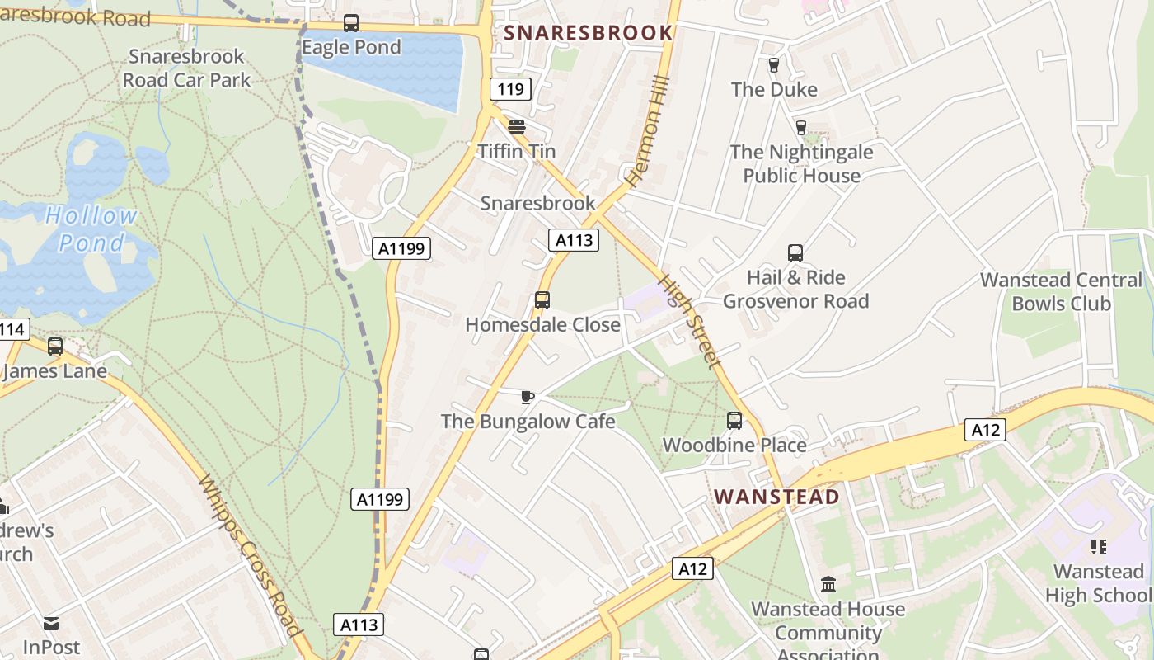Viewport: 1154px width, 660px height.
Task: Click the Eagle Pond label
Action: (351, 47)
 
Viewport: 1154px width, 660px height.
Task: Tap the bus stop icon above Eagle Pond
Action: (351, 23)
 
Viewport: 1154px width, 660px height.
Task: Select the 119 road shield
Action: (510, 89)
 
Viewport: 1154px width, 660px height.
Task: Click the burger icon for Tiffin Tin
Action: (517, 127)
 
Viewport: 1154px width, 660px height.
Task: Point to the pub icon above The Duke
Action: (773, 65)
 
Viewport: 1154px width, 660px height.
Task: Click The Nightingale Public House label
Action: (801, 163)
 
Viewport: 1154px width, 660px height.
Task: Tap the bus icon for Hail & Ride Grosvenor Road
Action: (795, 253)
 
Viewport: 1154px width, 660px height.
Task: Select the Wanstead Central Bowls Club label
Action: (1062, 291)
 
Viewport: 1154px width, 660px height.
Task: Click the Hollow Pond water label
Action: (91, 229)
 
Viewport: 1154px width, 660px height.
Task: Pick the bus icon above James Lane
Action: (55, 346)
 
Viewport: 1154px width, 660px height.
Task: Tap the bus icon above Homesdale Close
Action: (542, 300)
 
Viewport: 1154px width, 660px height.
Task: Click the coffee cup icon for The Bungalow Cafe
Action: (528, 398)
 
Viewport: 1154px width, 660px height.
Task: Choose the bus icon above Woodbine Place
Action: (734, 421)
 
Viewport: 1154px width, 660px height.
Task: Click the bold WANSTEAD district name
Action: (776, 497)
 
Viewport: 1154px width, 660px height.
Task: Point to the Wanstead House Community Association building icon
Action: (828, 585)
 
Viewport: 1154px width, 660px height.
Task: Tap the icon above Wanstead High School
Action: (1098, 546)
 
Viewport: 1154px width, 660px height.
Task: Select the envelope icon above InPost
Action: (51, 623)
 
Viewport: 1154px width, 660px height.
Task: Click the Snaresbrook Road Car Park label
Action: (187, 68)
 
